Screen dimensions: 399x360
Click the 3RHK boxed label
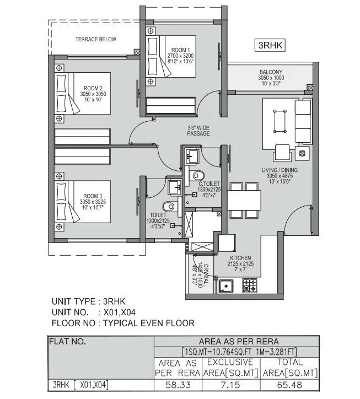270,46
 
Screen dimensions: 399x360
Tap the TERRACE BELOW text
96,40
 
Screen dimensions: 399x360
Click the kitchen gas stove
250,285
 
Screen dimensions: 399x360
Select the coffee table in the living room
280,120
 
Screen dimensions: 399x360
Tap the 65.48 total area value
290,385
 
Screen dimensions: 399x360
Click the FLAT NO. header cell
68,342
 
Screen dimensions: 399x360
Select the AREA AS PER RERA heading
236,342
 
